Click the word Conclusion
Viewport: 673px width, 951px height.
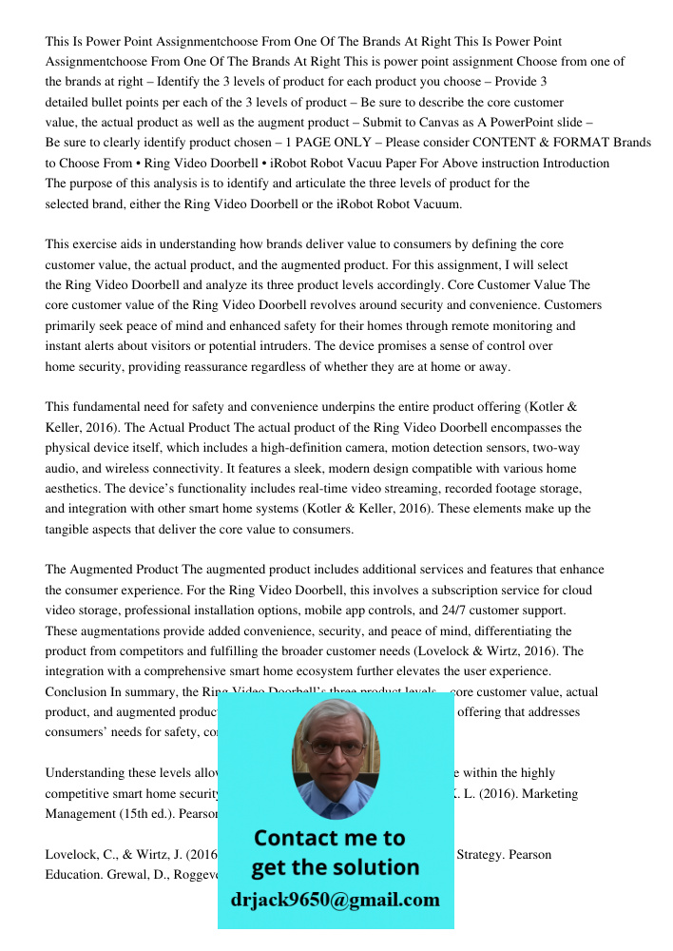75,692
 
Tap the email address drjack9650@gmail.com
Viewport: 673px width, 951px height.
336,900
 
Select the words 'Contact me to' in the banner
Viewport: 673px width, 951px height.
329,839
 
